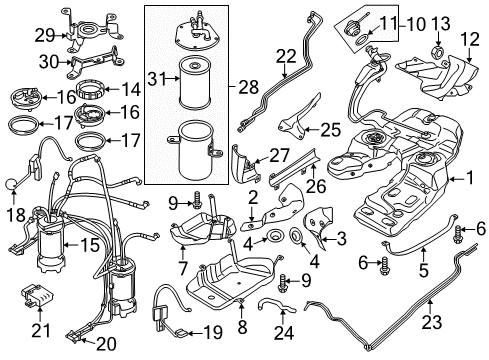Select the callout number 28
pos(248,87)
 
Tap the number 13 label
pos(441,24)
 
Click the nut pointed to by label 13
pos(438,52)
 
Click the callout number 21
pos(41,330)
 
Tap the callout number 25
pos(330,130)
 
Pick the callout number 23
pos(432,322)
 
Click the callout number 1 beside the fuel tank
pos(470,178)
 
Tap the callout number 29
pos(45,35)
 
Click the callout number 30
pos(50,62)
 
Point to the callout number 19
pos(213,332)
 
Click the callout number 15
pos(90,245)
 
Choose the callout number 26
pos(316,185)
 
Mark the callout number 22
pos(286,56)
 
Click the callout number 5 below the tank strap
pos(424,269)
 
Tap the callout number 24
pos(284,332)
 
